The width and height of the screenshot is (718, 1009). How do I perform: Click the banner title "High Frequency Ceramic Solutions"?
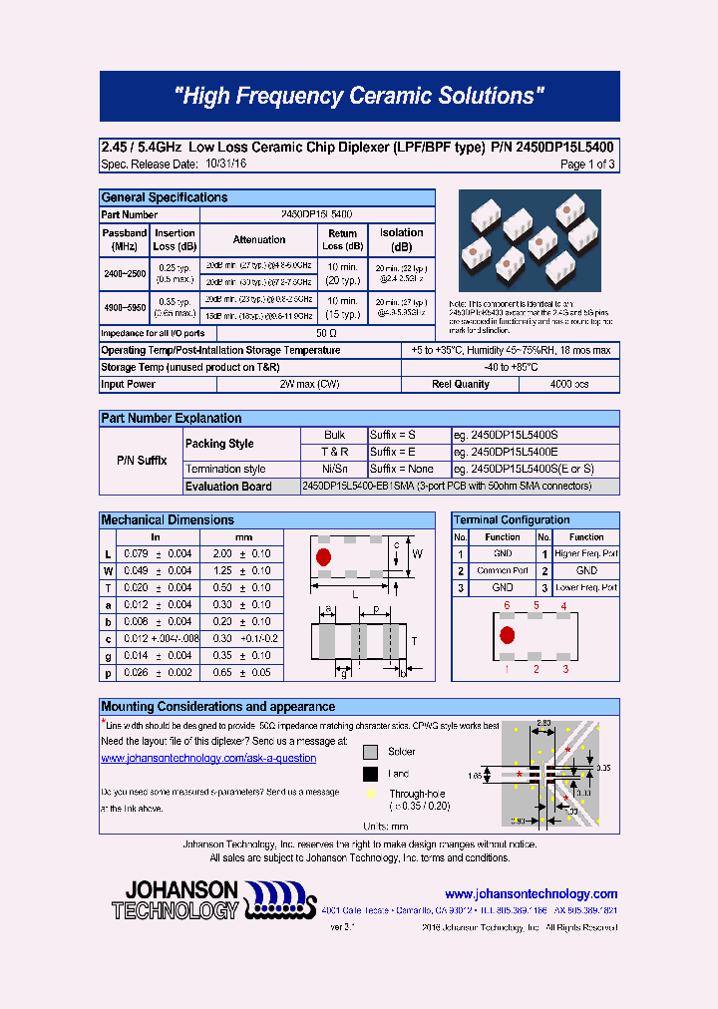pyautogui.click(x=359, y=97)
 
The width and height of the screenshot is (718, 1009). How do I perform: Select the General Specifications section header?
pyautogui.click(x=165, y=197)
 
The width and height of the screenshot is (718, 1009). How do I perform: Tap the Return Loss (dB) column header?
pyautogui.click(x=342, y=239)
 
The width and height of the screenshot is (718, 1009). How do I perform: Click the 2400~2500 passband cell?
pyautogui.click(x=125, y=272)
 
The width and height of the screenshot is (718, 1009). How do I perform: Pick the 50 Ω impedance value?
pyautogui.click(x=326, y=333)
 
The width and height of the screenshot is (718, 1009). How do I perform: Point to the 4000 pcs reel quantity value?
pyautogui.click(x=569, y=384)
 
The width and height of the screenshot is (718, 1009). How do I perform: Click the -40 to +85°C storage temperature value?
pyautogui.click(x=510, y=367)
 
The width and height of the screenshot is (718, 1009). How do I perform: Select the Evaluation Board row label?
pyautogui.click(x=228, y=486)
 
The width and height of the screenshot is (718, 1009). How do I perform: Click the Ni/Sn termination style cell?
pyautogui.click(x=334, y=469)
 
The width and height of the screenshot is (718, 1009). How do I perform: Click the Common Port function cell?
pyautogui.click(x=503, y=570)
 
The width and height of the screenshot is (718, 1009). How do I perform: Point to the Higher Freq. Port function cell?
pyautogui.click(x=586, y=553)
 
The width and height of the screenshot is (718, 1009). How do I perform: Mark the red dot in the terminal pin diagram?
pyautogui.click(x=507, y=635)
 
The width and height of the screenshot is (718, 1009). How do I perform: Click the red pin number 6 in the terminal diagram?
pyautogui.click(x=507, y=605)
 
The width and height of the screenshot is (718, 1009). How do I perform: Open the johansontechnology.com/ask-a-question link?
pyautogui.click(x=208, y=758)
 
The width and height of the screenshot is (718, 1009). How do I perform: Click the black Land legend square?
pyautogui.click(x=370, y=774)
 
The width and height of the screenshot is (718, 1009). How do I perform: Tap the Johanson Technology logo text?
pyautogui.click(x=176, y=899)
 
